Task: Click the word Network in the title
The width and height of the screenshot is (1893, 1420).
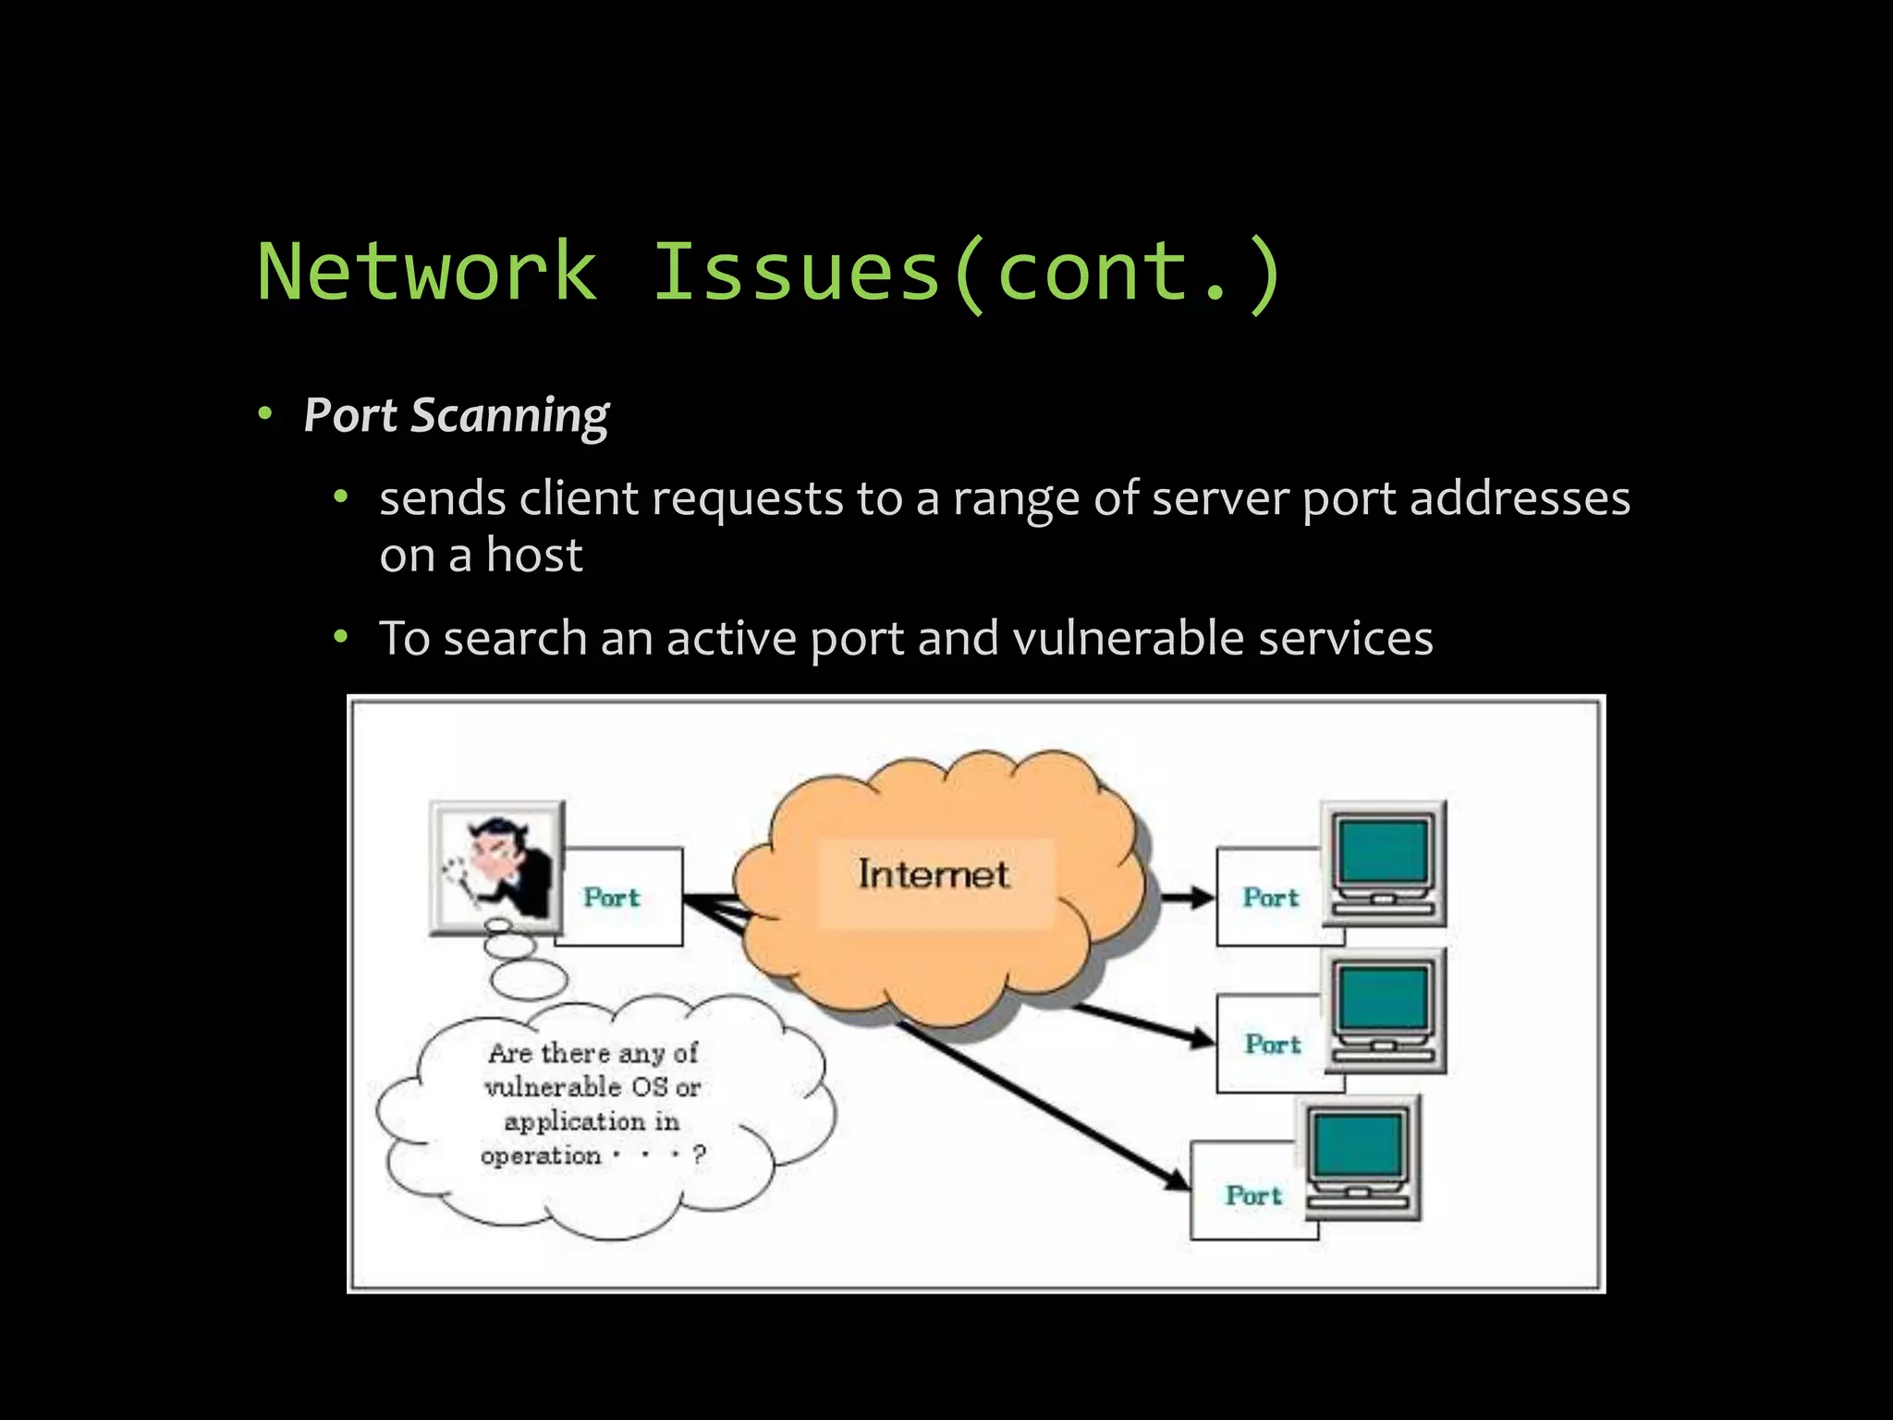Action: [x=427, y=271]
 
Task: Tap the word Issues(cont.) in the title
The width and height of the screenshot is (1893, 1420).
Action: [x=967, y=271]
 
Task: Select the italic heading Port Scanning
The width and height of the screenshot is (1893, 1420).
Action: [x=456, y=415]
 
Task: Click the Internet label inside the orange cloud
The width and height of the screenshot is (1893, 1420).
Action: [x=933, y=875]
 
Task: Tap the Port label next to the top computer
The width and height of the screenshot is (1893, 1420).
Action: [x=1270, y=897]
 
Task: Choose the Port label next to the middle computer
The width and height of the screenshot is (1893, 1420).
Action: [x=1272, y=1044]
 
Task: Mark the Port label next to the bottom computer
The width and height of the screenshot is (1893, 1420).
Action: [x=1253, y=1194]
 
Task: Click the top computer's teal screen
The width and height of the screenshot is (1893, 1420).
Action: [x=1384, y=850]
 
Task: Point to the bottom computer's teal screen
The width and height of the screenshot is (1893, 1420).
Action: [x=1358, y=1145]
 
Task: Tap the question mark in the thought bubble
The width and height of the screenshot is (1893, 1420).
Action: [x=699, y=1154]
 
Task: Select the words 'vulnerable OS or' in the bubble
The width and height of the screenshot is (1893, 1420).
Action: [x=592, y=1086]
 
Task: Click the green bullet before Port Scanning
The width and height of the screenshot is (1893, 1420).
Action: [x=265, y=414]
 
